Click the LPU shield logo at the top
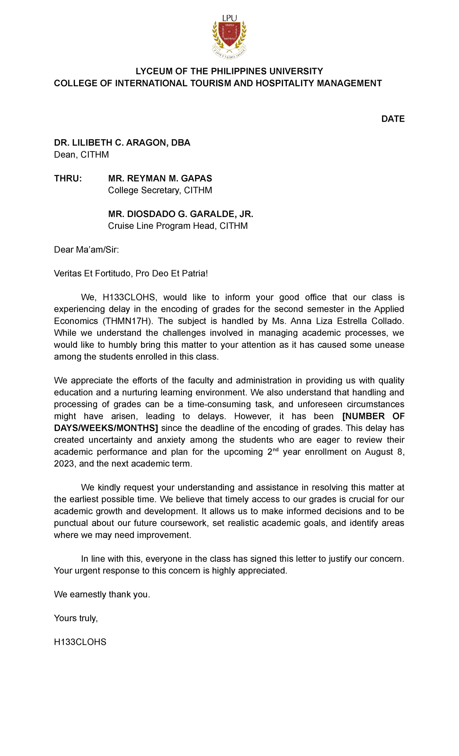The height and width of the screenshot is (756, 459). (229, 36)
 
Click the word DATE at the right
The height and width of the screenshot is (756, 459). (392, 119)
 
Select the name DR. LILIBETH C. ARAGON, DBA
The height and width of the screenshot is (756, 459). (122, 143)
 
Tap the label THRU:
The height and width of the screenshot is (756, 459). (68, 179)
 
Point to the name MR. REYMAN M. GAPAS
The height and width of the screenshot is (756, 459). (160, 179)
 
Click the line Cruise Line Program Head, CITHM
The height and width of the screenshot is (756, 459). (177, 226)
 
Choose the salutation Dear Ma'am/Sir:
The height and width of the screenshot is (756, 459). (86, 250)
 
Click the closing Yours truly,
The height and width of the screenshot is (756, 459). (76, 618)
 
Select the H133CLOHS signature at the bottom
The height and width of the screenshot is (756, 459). (80, 642)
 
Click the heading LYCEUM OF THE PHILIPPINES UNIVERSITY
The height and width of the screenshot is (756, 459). (229, 71)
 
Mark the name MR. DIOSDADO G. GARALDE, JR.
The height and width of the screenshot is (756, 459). (181, 214)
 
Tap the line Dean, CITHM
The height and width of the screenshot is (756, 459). (81, 155)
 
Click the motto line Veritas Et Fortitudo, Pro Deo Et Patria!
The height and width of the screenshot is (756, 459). (131, 274)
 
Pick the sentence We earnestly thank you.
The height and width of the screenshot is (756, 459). (102, 595)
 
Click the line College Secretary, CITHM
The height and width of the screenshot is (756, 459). (160, 191)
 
